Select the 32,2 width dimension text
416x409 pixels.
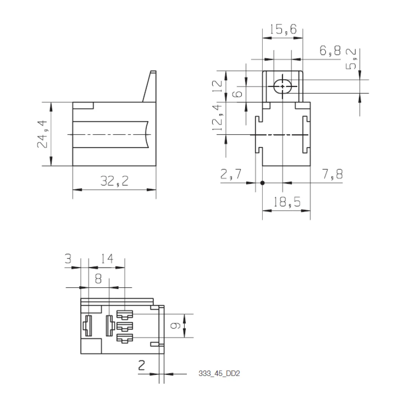(x=115, y=181)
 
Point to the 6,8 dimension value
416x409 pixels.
(x=330, y=51)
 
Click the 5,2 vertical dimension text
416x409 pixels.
(x=351, y=59)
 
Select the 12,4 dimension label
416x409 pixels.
(x=217, y=118)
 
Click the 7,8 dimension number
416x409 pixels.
(x=332, y=174)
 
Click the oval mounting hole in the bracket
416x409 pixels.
(x=283, y=86)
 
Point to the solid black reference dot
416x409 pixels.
(x=262, y=183)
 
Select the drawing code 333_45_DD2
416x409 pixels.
(x=219, y=374)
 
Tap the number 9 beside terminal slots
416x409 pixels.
(x=175, y=326)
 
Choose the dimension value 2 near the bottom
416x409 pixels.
(x=142, y=365)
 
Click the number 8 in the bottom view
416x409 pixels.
(x=98, y=279)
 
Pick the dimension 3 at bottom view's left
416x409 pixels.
(x=68, y=259)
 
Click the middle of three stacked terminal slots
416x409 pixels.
(x=125, y=326)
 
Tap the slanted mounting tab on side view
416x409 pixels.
(x=150, y=86)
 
